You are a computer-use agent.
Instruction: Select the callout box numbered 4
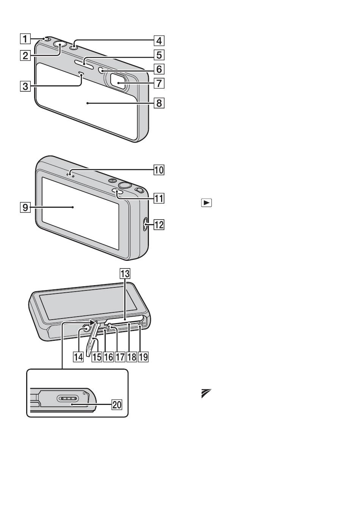click(x=159, y=41)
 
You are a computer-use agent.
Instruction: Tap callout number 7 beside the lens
click(x=159, y=83)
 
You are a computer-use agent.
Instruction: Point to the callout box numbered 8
click(x=159, y=103)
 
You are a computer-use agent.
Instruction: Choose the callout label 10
click(x=159, y=170)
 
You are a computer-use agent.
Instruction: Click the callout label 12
click(x=159, y=225)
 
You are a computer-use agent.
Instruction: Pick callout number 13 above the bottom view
click(x=125, y=274)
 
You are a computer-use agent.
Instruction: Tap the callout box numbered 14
click(x=78, y=357)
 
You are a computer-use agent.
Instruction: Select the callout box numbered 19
click(x=143, y=357)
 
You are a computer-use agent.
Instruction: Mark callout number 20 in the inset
click(x=116, y=405)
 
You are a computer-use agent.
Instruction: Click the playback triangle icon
click(x=206, y=203)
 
